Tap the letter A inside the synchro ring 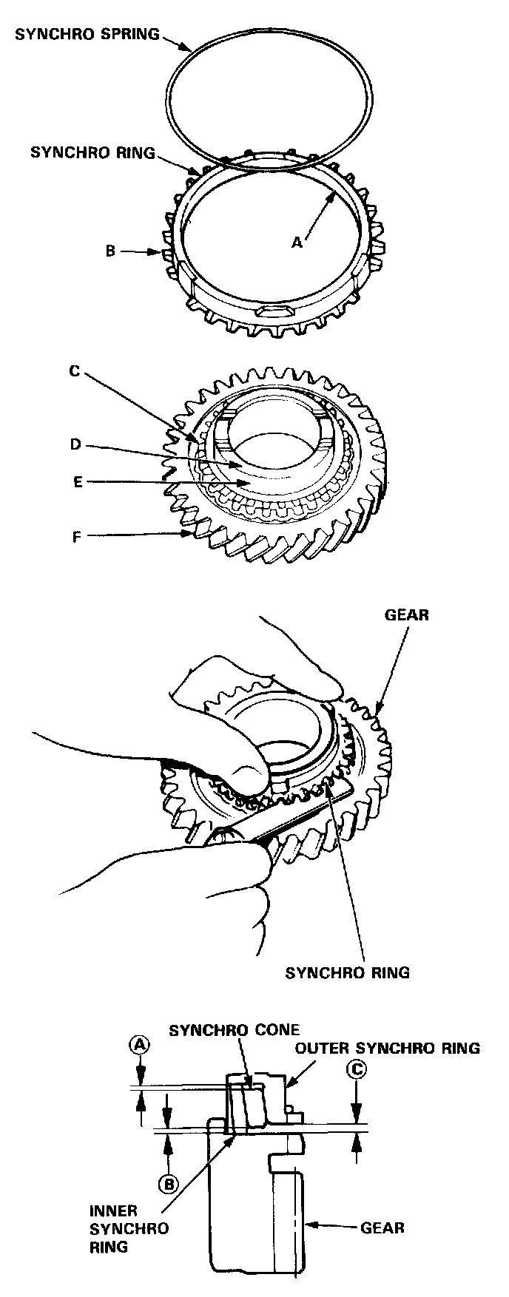point(297,241)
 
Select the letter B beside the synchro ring point(110,251)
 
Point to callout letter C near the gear point(74,371)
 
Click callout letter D point(74,445)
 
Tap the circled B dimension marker point(169,1184)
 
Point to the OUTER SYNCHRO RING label point(388,1048)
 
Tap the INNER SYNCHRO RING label point(118,1228)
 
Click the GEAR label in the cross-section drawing point(382,1228)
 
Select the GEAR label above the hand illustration point(407,614)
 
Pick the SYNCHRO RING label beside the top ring point(93,153)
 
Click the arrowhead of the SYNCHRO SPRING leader point(192,49)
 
